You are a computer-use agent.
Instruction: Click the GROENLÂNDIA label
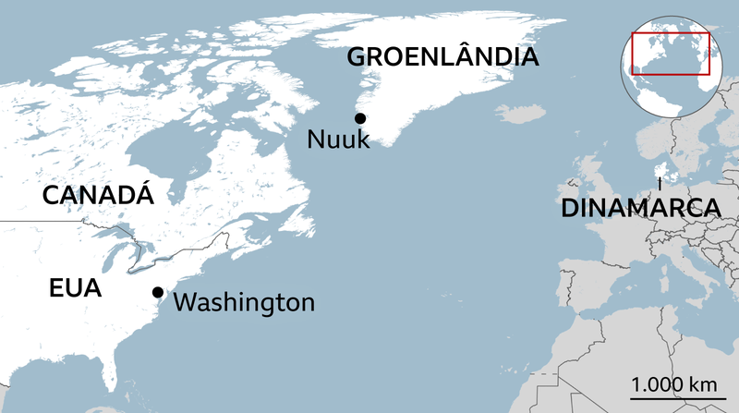click(x=442, y=57)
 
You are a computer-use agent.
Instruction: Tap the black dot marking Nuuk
click(x=360, y=118)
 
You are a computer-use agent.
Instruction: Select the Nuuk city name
click(x=338, y=141)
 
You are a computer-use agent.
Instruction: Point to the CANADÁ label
click(x=97, y=196)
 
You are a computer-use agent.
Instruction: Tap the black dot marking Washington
click(x=158, y=292)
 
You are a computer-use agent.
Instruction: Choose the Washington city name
click(x=244, y=302)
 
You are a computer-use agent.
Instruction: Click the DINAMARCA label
click(x=639, y=208)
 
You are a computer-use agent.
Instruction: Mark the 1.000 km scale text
click(x=673, y=383)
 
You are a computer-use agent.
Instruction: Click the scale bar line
click(x=673, y=398)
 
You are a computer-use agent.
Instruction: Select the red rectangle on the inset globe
click(x=670, y=54)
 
